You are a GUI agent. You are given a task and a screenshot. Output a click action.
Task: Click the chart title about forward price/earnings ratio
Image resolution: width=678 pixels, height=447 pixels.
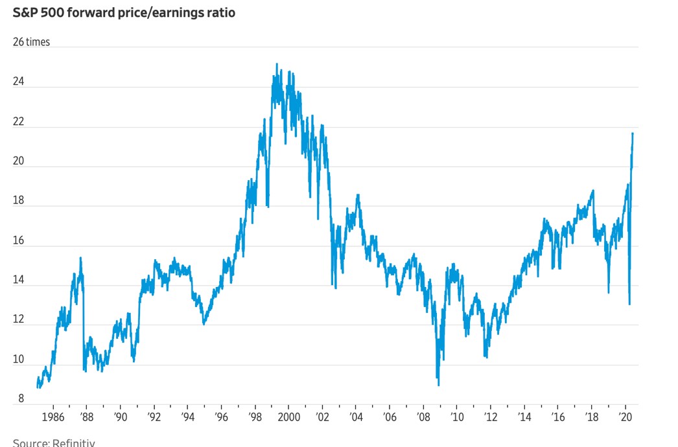click(x=124, y=12)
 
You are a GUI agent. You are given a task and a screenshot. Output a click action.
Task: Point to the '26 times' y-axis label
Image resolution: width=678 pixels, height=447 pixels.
click(x=31, y=42)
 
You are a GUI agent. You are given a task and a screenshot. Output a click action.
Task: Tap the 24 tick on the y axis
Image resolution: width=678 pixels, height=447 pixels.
click(x=19, y=82)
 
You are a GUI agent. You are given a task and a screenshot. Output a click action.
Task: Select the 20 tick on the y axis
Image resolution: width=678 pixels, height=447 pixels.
click(x=19, y=161)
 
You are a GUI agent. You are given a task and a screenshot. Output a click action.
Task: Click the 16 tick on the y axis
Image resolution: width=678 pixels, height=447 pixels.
click(x=19, y=240)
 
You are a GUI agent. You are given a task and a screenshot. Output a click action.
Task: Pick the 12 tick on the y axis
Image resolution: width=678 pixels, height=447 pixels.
click(x=19, y=319)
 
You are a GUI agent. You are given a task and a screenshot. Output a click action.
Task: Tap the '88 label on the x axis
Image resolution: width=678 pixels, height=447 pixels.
click(x=86, y=417)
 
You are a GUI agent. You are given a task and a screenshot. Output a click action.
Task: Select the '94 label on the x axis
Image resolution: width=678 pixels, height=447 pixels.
click(x=187, y=417)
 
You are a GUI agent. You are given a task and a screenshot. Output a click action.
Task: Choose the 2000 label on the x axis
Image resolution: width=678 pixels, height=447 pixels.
click(x=288, y=417)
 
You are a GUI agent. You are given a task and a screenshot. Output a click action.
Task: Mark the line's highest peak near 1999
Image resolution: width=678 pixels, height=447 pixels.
click(x=277, y=64)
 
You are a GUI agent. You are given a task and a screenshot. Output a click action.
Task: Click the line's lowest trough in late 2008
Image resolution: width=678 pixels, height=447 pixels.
click(x=439, y=385)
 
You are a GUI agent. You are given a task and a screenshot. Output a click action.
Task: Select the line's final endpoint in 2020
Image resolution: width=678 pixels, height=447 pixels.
click(x=633, y=133)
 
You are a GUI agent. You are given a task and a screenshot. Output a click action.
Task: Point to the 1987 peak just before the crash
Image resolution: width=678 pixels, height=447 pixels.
click(x=80, y=258)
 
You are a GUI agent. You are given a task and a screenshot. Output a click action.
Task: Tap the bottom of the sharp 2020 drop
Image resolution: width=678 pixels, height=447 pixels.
click(x=629, y=304)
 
